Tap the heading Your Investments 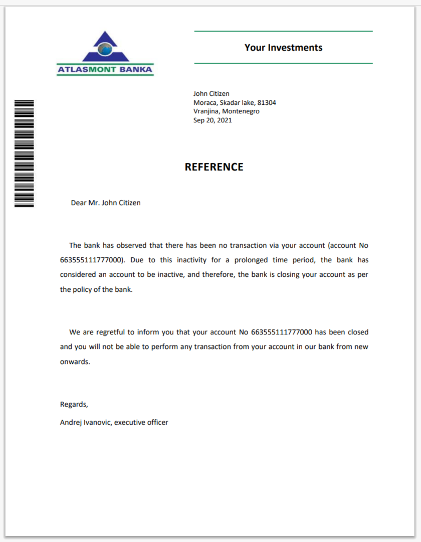tap(283, 48)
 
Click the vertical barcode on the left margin tap(24, 153)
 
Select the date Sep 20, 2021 tap(213, 120)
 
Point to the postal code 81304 tap(267, 103)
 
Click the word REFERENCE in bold tap(214, 167)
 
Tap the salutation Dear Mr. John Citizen tap(106, 203)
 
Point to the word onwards tap(75, 362)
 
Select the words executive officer tap(141, 423)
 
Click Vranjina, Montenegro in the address tap(227, 111)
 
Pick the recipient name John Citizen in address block tap(211, 94)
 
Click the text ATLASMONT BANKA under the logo tap(105, 70)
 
